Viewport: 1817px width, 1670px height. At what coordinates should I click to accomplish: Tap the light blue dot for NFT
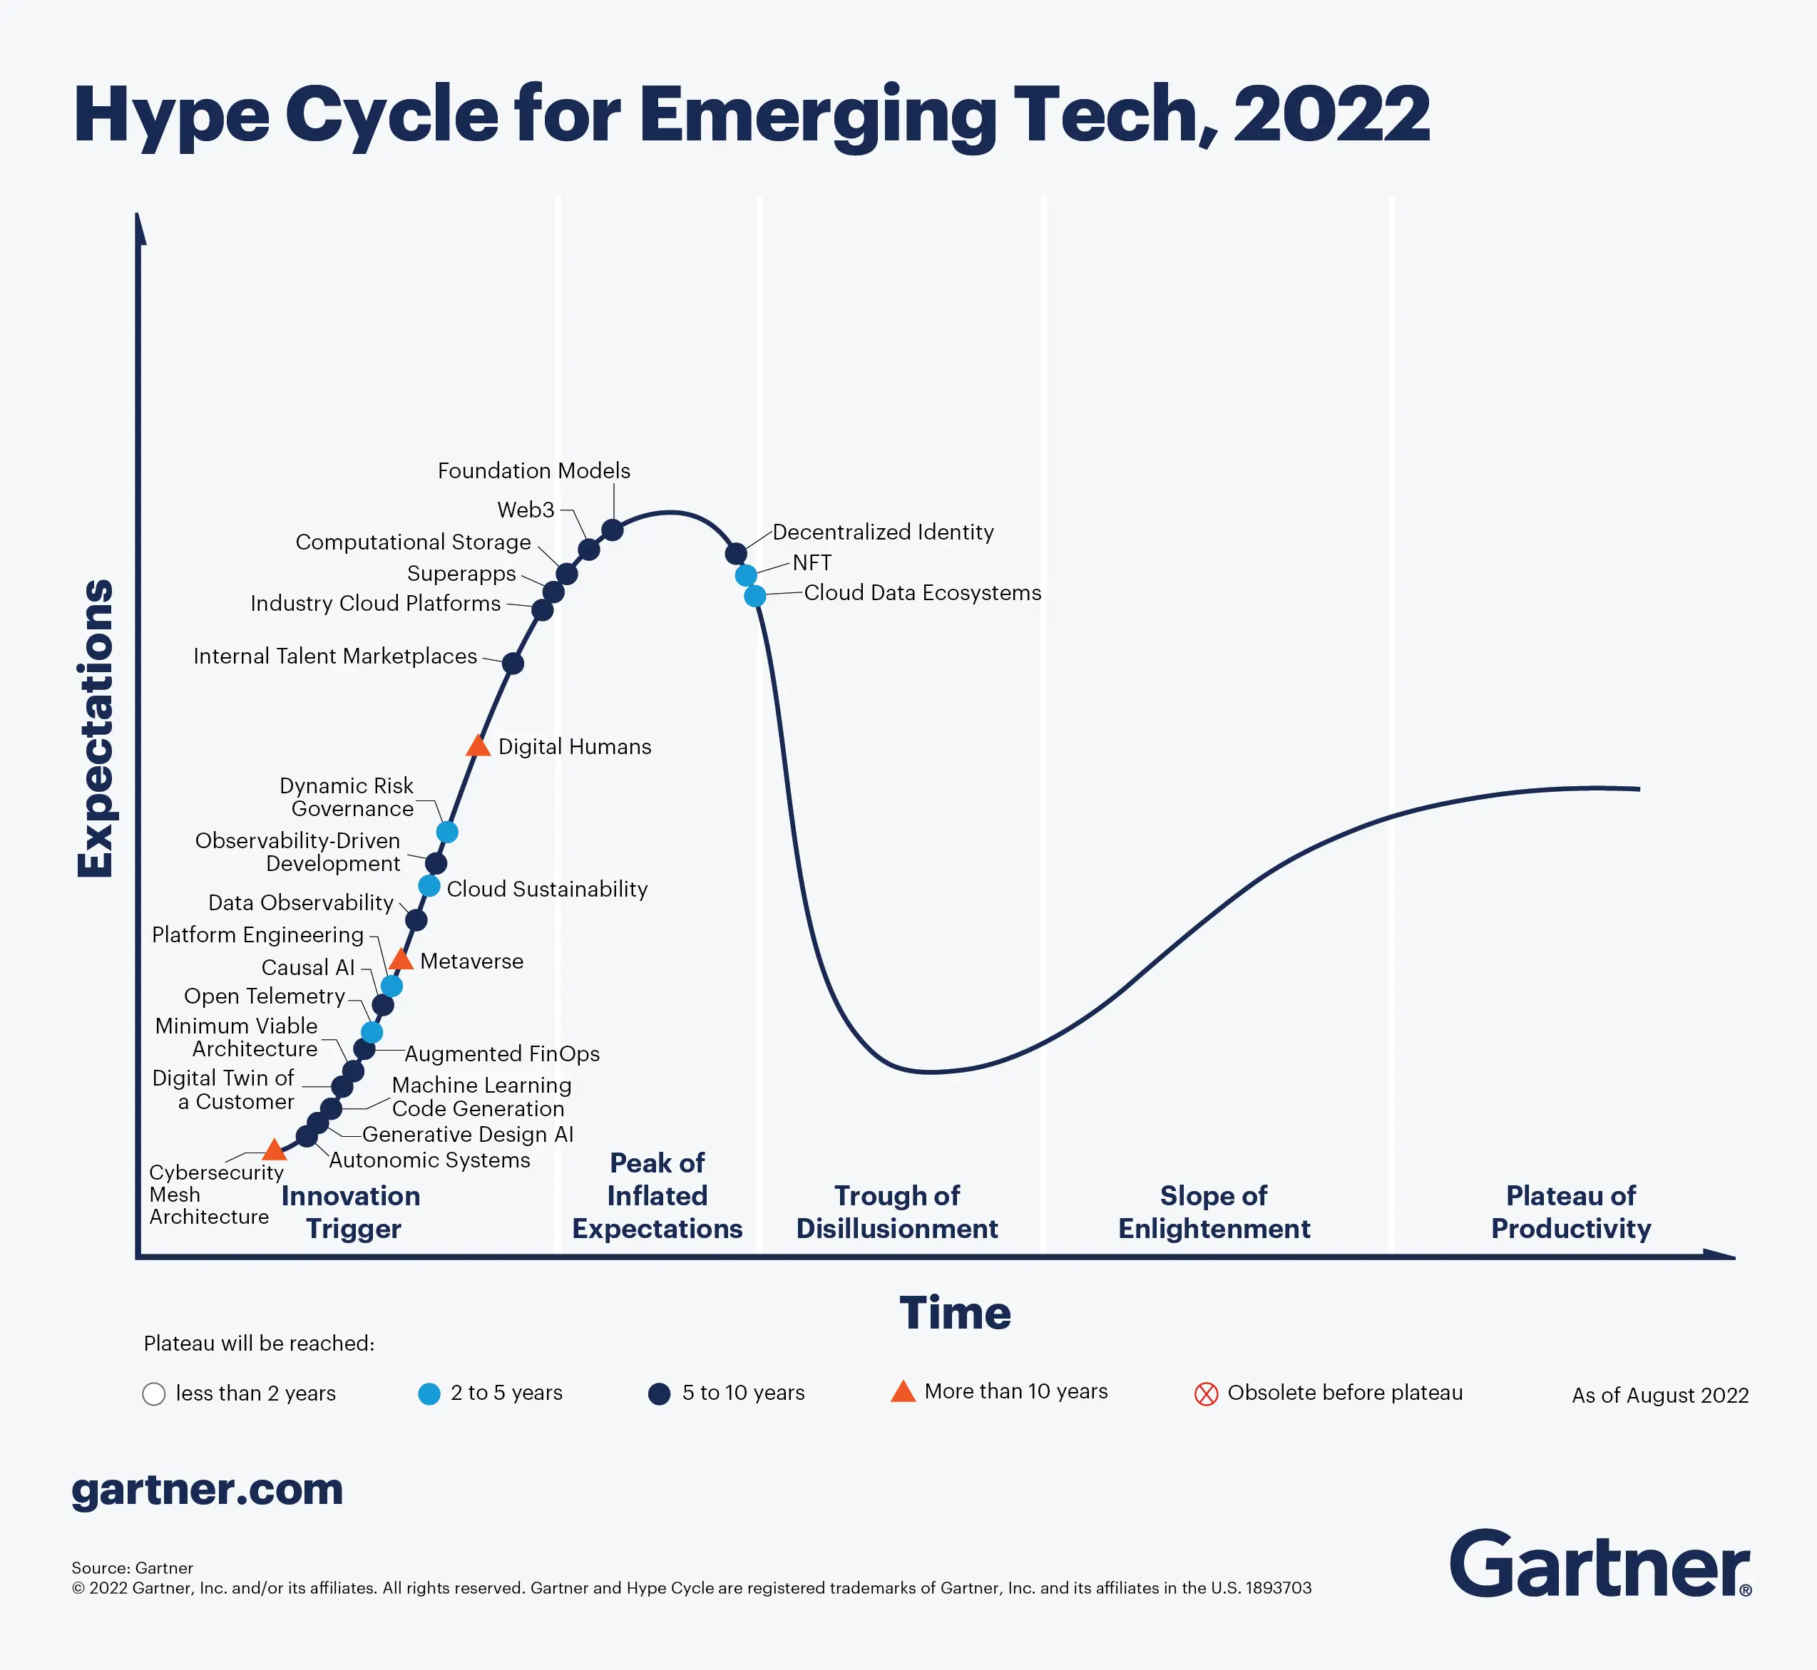point(746,574)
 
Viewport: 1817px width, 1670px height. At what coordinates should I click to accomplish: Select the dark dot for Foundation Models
point(612,530)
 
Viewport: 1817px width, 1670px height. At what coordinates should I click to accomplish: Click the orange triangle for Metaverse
point(401,959)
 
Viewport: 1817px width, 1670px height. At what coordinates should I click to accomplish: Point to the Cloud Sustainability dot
point(429,885)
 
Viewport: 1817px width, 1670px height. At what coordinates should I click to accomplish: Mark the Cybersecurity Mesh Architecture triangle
point(274,1150)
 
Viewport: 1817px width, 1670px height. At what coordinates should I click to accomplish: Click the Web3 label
point(526,510)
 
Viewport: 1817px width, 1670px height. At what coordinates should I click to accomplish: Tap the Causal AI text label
point(307,967)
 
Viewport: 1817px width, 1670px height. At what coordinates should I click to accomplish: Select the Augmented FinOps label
point(502,1053)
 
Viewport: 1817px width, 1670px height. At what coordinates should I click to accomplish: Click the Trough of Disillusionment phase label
point(897,1212)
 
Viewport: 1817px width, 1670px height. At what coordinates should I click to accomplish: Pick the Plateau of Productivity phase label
point(1570,1212)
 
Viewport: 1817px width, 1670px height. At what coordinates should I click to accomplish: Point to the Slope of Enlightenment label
point(1213,1212)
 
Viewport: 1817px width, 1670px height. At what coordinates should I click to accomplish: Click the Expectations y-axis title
point(95,728)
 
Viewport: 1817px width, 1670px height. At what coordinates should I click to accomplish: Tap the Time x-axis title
point(955,1312)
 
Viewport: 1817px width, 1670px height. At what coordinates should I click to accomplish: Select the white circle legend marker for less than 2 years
point(154,1393)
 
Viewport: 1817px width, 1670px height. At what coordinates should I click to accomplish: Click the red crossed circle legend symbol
point(1206,1393)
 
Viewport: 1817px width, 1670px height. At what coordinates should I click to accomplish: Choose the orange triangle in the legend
point(903,1391)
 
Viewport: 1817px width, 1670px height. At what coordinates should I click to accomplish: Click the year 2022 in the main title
point(1331,114)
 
